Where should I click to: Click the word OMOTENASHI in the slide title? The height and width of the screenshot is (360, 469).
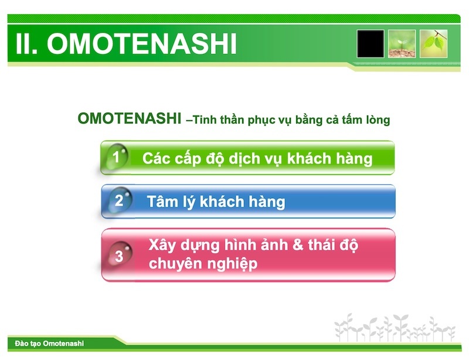142,45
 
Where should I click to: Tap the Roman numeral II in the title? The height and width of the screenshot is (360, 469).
26,45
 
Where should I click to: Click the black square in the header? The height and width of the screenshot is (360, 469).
371,44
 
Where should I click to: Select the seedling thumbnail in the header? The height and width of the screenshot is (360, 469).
402,44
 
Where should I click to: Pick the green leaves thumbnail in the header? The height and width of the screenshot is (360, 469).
434,44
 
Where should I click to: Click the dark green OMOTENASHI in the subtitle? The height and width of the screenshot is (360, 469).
129,119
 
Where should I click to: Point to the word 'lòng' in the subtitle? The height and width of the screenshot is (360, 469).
375,120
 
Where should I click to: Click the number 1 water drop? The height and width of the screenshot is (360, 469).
117,157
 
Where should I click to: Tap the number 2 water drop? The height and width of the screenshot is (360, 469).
119,201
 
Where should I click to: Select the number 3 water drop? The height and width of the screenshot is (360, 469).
119,256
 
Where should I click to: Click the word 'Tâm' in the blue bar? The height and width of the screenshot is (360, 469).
162,202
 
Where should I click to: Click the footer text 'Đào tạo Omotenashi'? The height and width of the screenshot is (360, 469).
46,343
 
